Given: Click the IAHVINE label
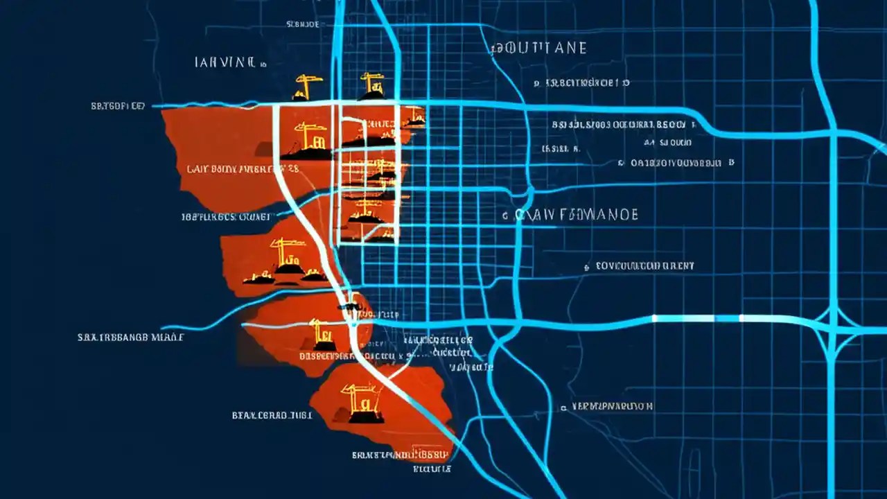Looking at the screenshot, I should coord(226,62).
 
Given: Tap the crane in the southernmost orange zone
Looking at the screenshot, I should coord(362,402).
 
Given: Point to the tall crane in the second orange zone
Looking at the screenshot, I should coord(284,256).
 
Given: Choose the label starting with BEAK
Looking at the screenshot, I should coord(271,415).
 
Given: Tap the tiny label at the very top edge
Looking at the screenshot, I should coord(302,24).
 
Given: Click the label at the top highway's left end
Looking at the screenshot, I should coord(118,106).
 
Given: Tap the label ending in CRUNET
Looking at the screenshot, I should coord(225,216).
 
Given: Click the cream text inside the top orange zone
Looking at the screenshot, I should coord(243,168).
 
